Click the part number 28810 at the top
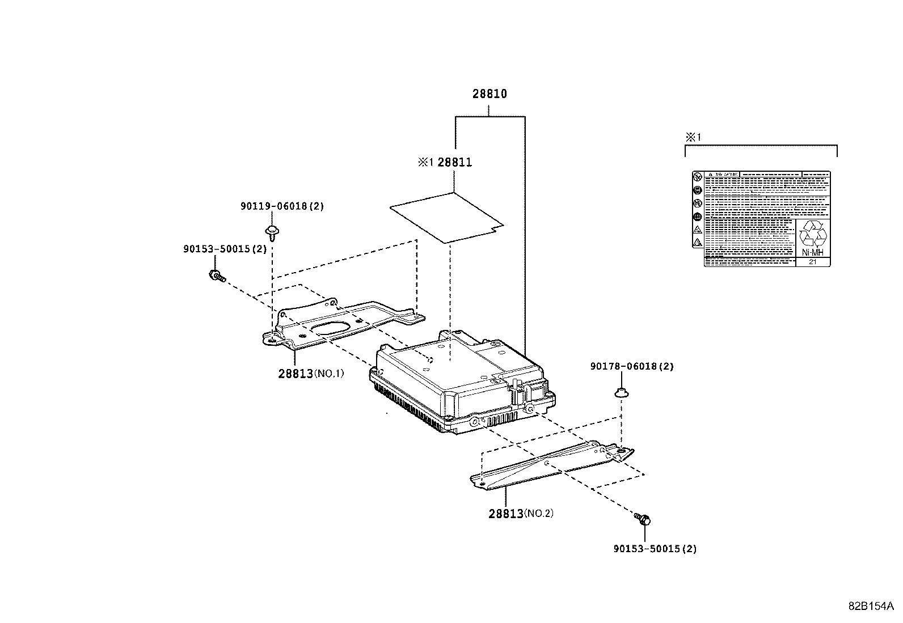490,94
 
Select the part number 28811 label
454,163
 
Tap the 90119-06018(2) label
282,206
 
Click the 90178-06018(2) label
631,367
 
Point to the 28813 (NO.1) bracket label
311,374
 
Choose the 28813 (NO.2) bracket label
520,514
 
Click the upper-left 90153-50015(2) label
225,249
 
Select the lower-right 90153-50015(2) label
655,549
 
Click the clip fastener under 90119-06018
272,232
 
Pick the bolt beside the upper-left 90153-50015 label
217,277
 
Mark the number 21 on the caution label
812,262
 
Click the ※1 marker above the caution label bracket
693,137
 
